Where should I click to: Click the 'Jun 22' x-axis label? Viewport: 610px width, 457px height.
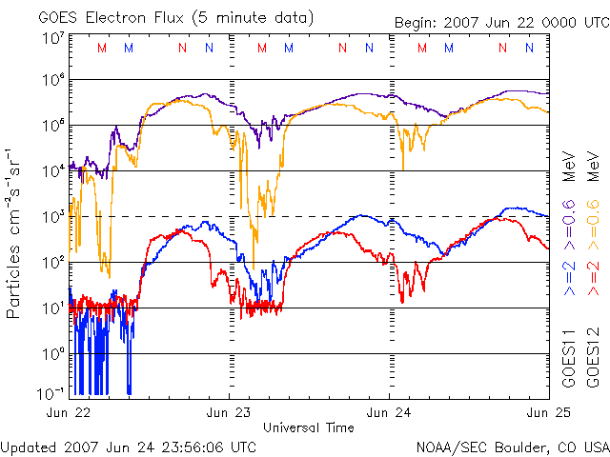(x=70, y=412)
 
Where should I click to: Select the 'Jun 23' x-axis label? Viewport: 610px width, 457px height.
(x=229, y=412)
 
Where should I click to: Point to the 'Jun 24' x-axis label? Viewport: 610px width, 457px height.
(x=389, y=412)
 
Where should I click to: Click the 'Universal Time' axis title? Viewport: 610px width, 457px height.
(x=309, y=427)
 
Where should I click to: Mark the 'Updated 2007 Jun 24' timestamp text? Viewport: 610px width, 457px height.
(x=129, y=446)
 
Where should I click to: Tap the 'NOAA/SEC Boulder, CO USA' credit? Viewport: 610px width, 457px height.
(x=512, y=446)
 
